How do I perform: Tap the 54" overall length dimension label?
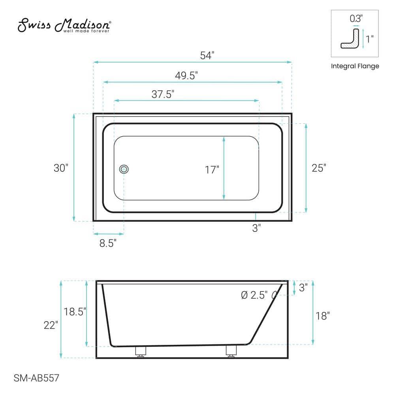[x=207, y=55]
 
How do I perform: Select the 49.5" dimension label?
[x=186, y=76]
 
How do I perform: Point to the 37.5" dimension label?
[x=163, y=94]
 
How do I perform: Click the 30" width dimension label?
[x=61, y=167]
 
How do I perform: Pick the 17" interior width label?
[x=212, y=170]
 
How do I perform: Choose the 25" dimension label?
[x=319, y=167]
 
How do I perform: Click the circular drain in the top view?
[x=124, y=169]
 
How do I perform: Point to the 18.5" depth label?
[x=75, y=311]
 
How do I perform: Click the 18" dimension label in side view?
[x=323, y=316]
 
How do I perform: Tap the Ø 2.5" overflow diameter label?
[x=254, y=295]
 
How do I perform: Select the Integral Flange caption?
[x=355, y=66]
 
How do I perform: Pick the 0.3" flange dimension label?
[x=355, y=18]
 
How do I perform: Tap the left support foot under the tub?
[x=141, y=352]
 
